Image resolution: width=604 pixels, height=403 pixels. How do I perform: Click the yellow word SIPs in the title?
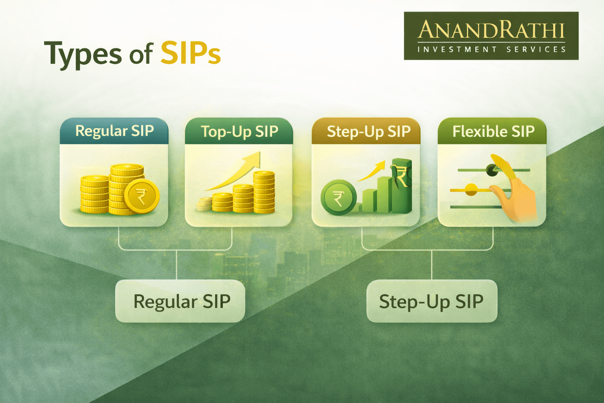click(190, 53)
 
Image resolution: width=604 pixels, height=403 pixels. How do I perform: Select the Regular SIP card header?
click(114, 131)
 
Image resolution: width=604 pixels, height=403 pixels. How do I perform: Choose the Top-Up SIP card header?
click(239, 131)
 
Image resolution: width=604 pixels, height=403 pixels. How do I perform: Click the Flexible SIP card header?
click(493, 131)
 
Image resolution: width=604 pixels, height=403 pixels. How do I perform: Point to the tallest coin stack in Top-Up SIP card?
click(264, 192)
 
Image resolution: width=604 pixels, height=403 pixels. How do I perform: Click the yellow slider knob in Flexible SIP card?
click(471, 190)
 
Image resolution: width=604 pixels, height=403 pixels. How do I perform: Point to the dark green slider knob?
click(492, 170)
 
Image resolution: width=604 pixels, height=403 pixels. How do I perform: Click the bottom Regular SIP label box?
click(180, 301)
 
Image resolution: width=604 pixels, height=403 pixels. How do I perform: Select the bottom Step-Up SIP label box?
click(432, 301)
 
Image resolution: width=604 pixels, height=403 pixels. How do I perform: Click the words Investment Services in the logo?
click(492, 50)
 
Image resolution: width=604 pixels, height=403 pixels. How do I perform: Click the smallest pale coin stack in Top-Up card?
click(204, 205)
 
